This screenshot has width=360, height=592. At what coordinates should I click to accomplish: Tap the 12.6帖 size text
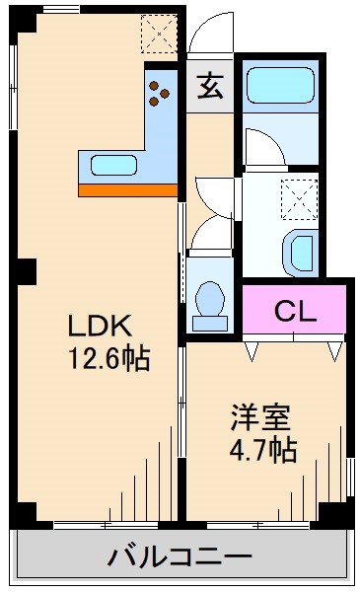[108, 359]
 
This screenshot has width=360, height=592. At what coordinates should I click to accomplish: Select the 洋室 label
[260, 417]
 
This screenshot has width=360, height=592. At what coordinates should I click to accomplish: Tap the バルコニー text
[180, 557]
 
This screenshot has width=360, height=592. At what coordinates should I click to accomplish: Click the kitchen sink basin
[114, 164]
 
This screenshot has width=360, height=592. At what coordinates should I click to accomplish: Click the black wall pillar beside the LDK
[27, 269]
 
